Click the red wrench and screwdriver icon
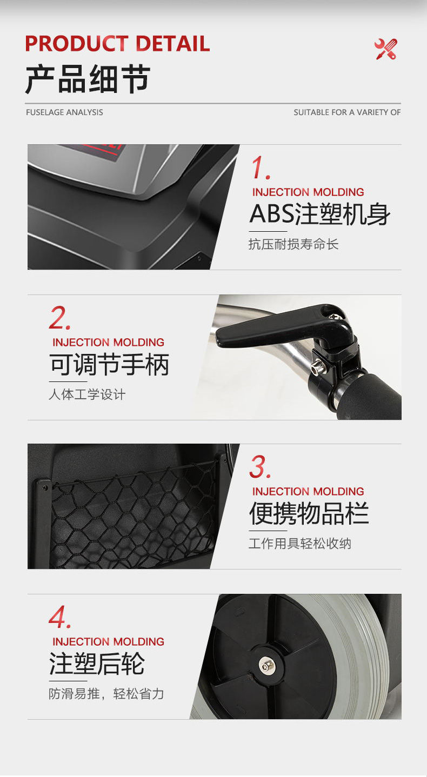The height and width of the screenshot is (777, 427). tap(386, 49)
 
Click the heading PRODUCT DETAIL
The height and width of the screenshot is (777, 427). tap(117, 44)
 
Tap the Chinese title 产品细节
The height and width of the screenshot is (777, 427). tap(88, 79)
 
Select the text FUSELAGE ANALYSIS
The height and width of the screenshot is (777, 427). tap(64, 112)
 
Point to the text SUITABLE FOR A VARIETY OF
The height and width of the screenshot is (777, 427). tap(347, 112)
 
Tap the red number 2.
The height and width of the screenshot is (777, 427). tap(59, 318)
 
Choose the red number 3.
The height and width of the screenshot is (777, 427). tap(260, 467)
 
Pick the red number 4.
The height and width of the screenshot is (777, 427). tap(59, 617)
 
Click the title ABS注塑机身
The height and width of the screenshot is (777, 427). tap(320, 214)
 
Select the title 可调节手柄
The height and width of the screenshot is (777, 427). tap(109, 364)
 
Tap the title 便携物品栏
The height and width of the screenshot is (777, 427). tap(309, 513)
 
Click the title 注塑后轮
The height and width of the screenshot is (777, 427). tap(97, 664)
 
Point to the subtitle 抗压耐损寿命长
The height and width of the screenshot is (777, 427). tap(293, 244)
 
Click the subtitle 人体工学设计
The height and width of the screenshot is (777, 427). tap(87, 394)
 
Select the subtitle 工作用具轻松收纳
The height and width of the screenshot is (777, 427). tap(300, 544)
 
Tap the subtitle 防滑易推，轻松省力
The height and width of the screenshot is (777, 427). tap(106, 694)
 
